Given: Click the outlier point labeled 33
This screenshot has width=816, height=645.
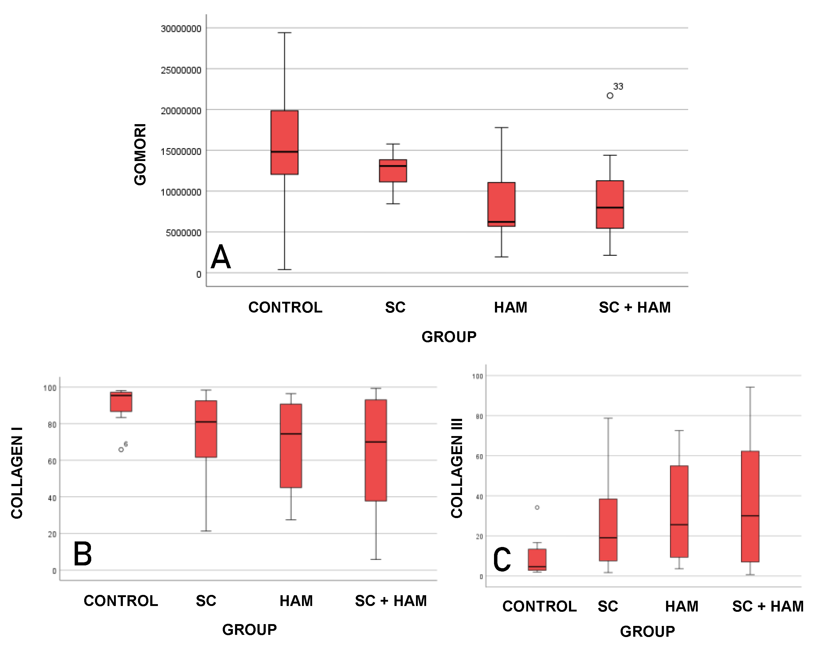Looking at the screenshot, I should (610, 96).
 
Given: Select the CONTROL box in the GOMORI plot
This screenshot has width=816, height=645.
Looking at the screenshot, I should (284, 142).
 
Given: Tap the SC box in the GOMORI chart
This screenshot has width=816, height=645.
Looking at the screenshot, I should (393, 171).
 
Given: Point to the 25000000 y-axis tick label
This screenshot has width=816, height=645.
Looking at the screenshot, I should (181, 70).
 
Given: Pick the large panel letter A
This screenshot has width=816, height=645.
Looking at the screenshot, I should (221, 257).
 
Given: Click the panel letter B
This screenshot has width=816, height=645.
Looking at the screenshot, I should (82, 554).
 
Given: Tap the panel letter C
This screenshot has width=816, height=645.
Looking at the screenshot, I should (502, 560).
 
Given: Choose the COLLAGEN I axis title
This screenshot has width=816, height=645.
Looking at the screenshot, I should (17, 473).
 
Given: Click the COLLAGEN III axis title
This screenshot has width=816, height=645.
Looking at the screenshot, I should (457, 468).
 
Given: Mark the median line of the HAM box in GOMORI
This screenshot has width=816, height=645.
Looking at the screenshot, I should (501, 222).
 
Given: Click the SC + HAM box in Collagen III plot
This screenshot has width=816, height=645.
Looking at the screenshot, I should (750, 506).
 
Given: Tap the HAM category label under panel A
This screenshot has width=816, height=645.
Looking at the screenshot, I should (511, 307).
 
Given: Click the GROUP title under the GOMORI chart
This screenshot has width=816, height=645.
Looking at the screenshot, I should (449, 337).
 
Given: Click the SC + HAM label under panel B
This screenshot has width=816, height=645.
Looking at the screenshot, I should (391, 601).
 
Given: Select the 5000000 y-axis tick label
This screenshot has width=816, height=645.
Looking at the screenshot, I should (183, 233).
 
